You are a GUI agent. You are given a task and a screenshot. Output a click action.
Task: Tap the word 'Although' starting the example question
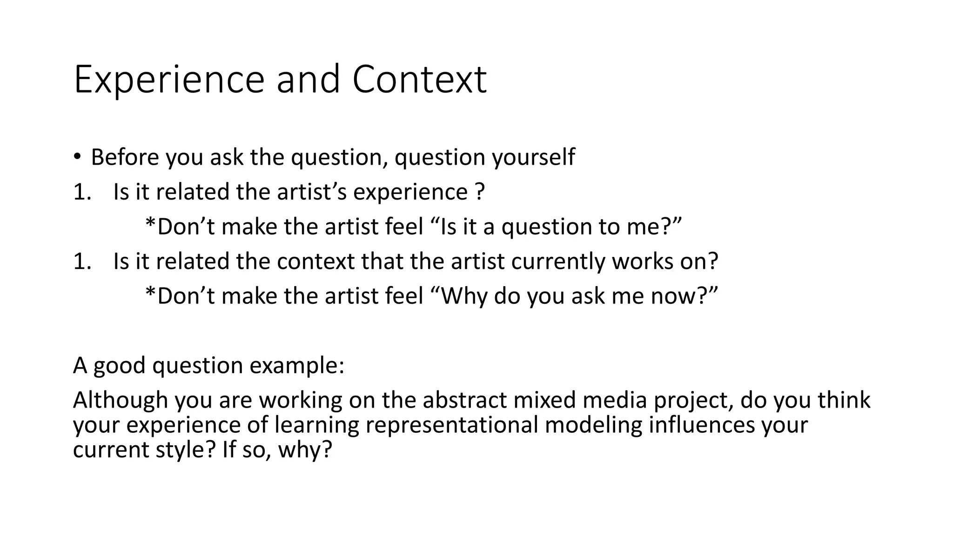(120, 400)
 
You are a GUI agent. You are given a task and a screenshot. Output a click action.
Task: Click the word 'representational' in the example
(451, 425)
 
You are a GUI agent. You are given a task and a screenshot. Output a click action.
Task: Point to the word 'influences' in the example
(701, 425)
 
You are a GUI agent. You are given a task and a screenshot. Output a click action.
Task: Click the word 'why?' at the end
(305, 450)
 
